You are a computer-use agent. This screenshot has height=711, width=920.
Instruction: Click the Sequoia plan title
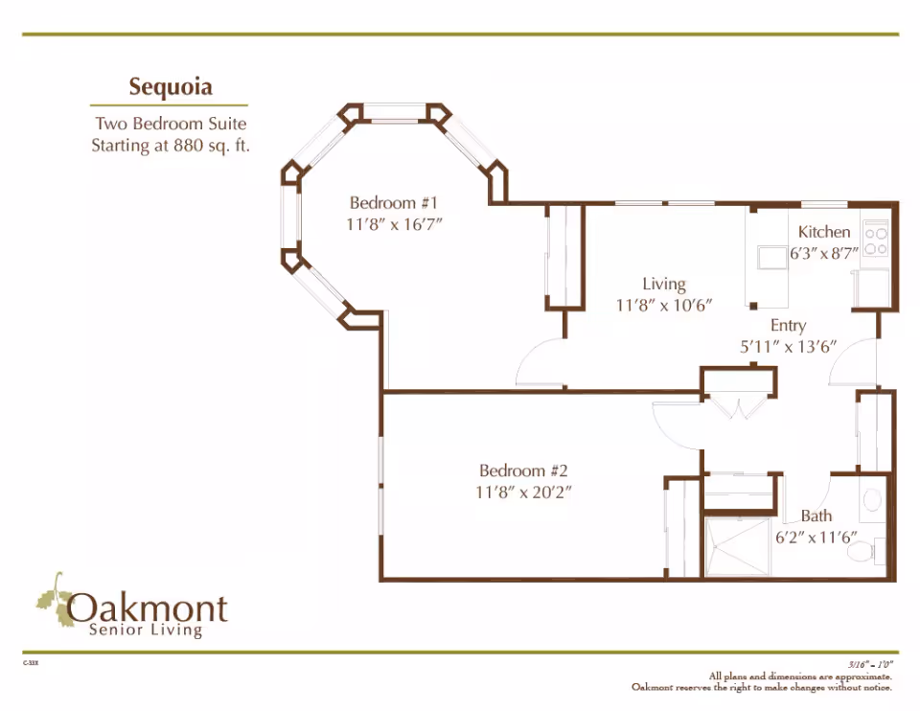pos(171,87)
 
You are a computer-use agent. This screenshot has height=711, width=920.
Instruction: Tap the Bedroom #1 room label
pos(393,203)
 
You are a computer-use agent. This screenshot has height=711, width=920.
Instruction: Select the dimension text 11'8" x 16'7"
pos(393,224)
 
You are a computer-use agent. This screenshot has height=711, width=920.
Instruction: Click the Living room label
pos(664,284)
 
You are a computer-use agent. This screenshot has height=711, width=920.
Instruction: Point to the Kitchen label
pos(824,232)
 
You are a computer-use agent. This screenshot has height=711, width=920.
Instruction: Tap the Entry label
pos(788,326)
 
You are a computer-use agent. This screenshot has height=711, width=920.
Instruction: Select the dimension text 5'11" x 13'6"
pos(788,347)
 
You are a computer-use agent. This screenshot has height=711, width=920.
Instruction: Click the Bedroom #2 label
pos(524,470)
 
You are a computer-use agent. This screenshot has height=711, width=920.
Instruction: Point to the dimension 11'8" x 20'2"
pos(524,493)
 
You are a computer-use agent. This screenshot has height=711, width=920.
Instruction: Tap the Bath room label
pos(816,516)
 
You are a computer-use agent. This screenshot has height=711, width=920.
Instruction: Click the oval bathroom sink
pos(872,499)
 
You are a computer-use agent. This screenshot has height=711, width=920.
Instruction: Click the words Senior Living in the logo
pos(145,630)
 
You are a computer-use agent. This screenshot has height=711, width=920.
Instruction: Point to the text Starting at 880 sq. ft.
pos(170,147)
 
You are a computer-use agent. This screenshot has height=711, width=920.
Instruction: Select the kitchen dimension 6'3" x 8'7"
pos(823,255)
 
